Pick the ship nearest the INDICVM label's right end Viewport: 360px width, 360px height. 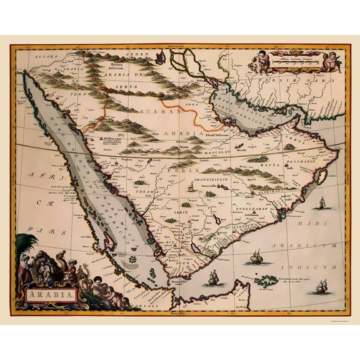click(x=322, y=287)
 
